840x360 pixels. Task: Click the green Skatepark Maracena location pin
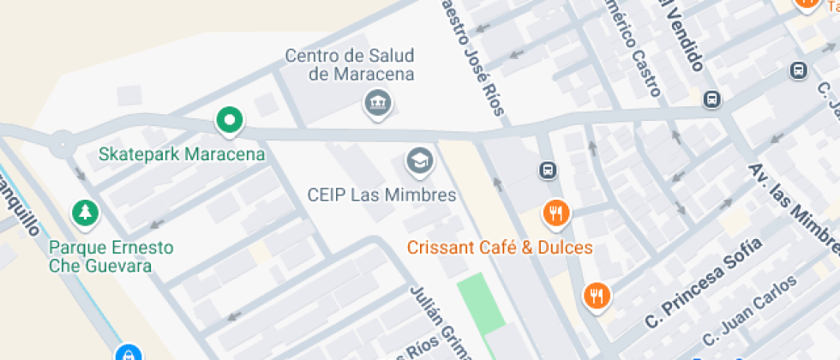pos(229,122)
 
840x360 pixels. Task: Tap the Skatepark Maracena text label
pos(182,155)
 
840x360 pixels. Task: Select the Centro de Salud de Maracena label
pos(350,65)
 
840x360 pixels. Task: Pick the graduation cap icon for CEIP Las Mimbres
pos(419,160)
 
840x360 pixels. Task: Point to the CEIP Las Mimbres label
pos(381,195)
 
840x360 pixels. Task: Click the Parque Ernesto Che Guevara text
pos(111,256)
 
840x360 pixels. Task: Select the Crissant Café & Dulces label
pos(500,248)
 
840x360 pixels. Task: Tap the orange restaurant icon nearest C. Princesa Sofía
pos(597,296)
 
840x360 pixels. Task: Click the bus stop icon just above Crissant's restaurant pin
pos(548,171)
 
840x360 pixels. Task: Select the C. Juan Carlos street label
pos(749,309)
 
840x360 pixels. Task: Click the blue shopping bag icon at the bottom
pos(128,352)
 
